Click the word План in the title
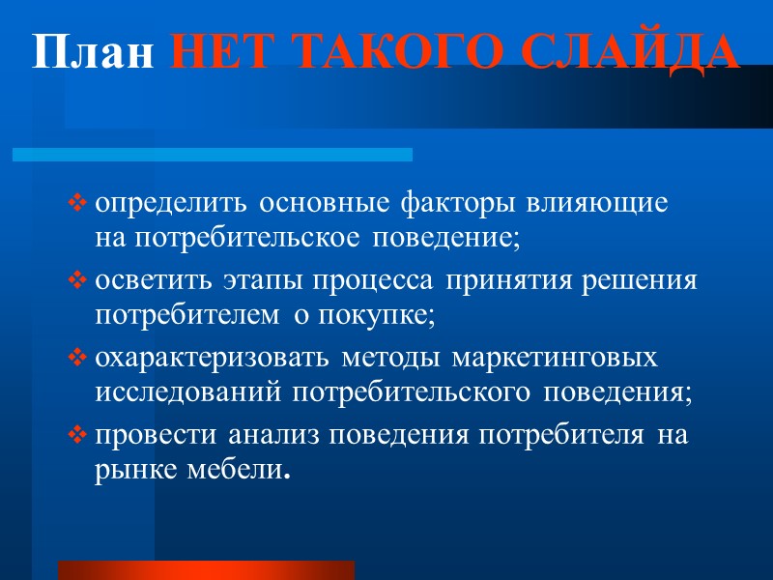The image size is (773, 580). coord(92,52)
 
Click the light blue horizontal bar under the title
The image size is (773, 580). coord(212,155)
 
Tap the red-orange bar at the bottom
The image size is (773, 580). coord(206,569)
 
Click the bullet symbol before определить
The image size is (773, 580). coord(77,205)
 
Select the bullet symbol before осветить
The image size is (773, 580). coord(77,282)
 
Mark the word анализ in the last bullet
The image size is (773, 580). coord(277,437)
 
